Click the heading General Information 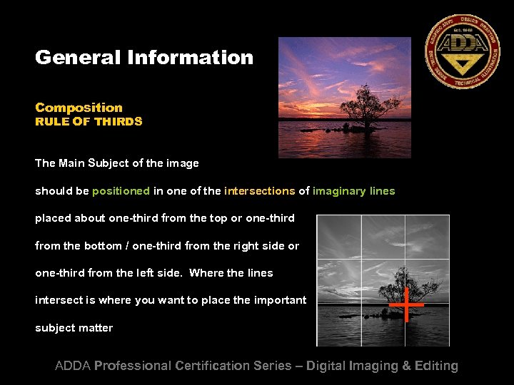tap(144, 58)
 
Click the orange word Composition tap(79, 108)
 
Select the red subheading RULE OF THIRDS tap(89, 122)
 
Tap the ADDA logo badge tap(462, 51)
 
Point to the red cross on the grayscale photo tap(406, 304)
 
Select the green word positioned tap(121, 191)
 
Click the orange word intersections tap(259, 191)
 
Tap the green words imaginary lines tap(353, 191)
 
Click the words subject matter tap(74, 328)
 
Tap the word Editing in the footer tap(435, 366)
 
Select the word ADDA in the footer tap(73, 366)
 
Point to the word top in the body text tap(185, 218)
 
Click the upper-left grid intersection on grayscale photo tap(361, 258)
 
